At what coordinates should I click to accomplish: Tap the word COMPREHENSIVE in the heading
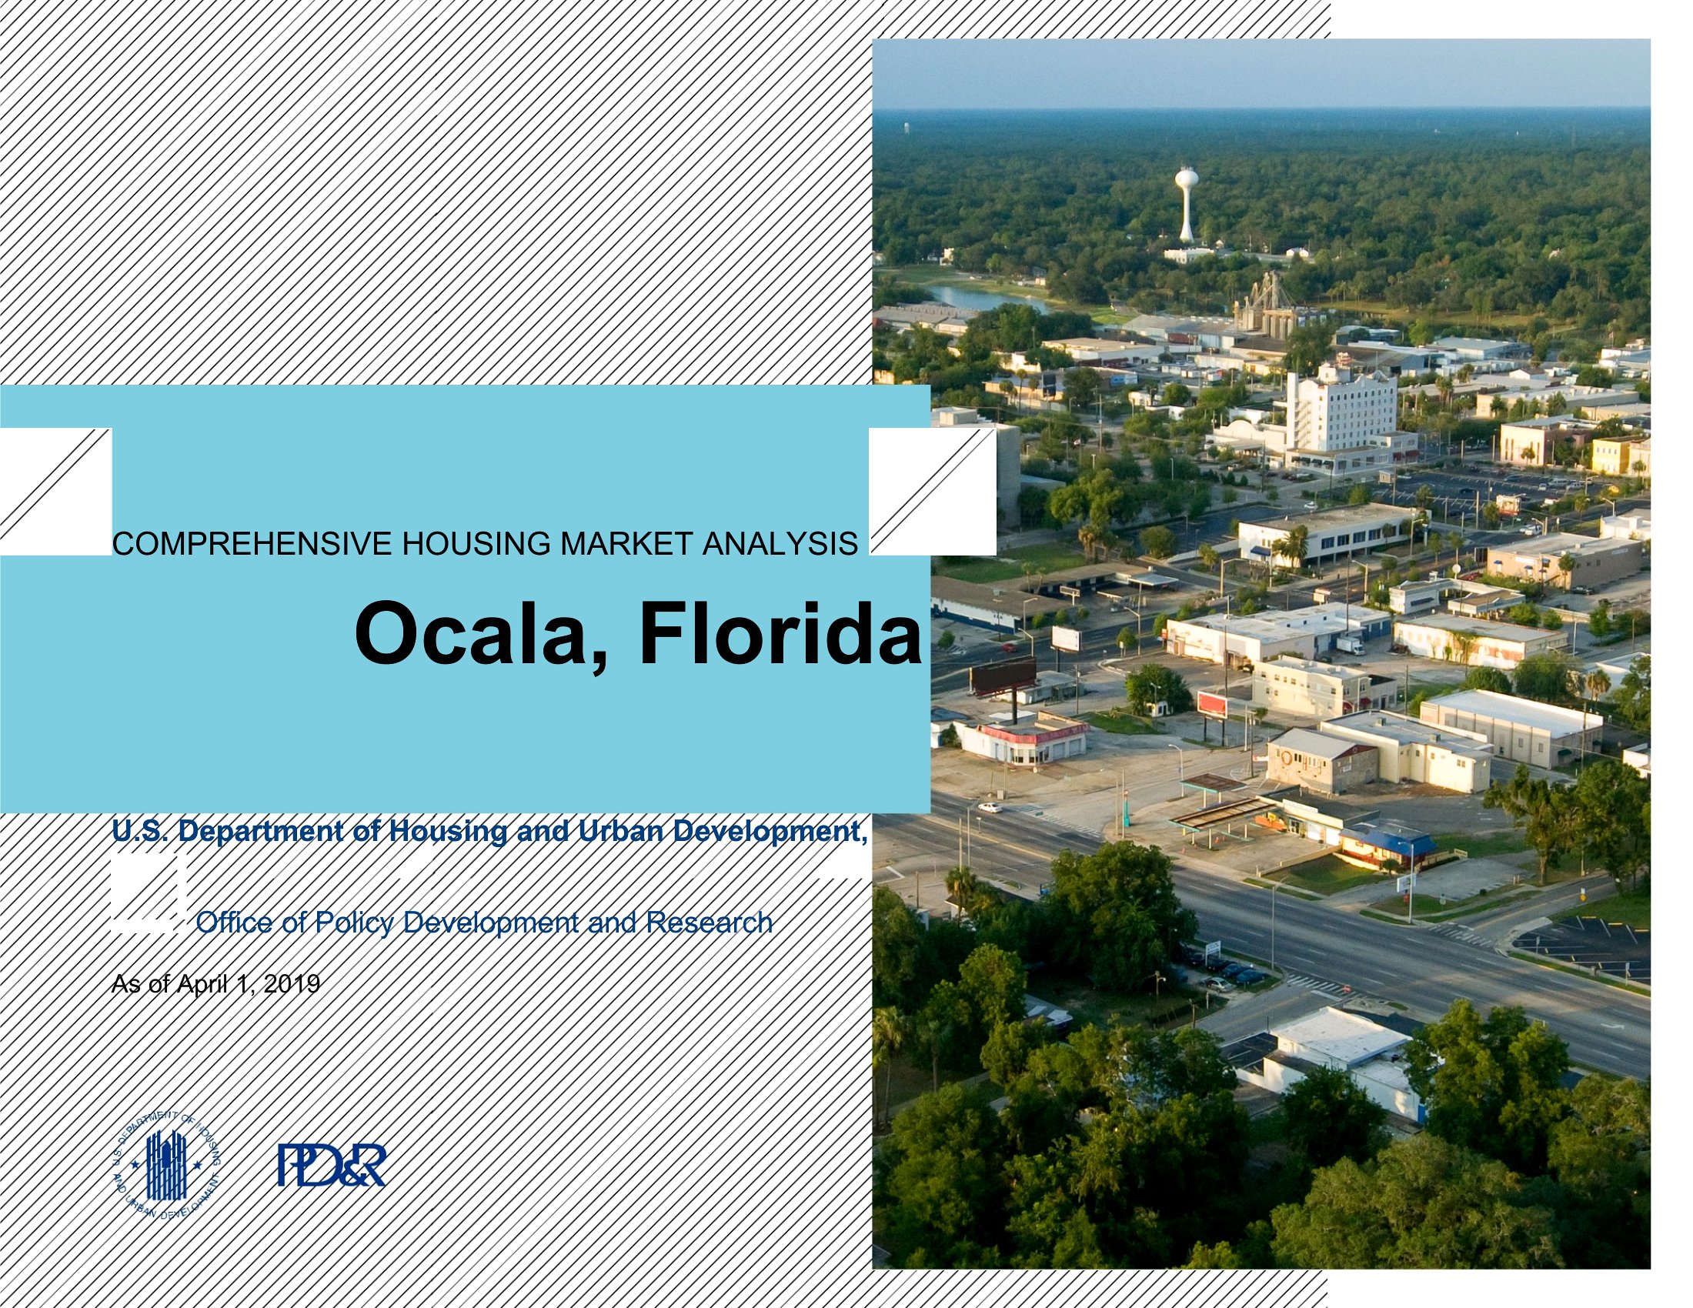tap(252, 544)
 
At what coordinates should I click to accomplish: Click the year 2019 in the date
tap(292, 984)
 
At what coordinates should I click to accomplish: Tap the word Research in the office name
tap(710, 922)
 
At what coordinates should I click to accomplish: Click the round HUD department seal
tap(167, 1164)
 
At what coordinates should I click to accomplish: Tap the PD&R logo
tap(332, 1166)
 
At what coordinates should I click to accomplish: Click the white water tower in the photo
tap(1186, 204)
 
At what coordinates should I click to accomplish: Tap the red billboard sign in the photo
tap(1212, 704)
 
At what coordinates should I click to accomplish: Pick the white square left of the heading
tap(56, 492)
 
